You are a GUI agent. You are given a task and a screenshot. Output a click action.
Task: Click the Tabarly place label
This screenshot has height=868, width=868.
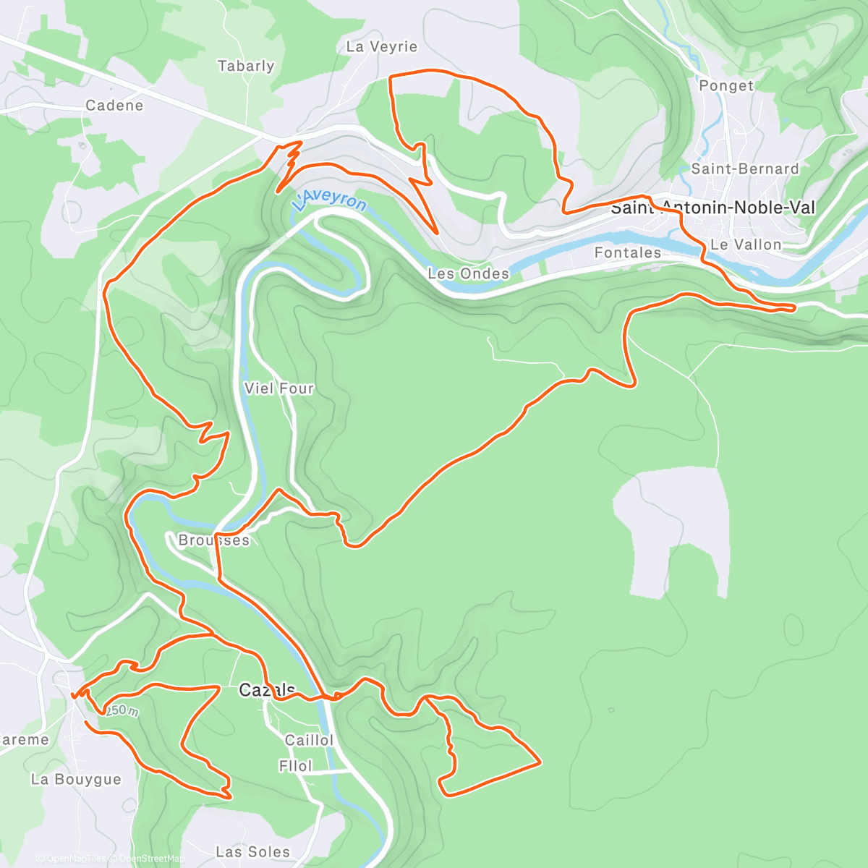tap(246, 66)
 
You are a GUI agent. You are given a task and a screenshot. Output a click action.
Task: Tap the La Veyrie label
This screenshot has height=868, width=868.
tap(382, 47)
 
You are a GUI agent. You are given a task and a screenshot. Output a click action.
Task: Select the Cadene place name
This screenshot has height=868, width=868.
tap(114, 106)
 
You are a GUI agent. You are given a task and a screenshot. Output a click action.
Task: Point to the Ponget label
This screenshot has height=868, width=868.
tap(726, 85)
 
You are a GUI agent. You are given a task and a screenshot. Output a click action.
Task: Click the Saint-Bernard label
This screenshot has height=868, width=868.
tap(745, 169)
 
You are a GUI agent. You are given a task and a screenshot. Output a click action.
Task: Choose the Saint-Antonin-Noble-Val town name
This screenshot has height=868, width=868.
tap(712, 208)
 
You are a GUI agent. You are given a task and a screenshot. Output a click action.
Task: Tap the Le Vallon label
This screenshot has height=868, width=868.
tap(746, 244)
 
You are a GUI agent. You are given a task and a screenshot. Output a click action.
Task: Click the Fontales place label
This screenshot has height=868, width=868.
tap(627, 252)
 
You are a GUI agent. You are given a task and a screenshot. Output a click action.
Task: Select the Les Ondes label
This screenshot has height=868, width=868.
tap(468, 273)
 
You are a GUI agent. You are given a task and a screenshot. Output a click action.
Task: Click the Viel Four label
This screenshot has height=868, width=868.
tap(278, 388)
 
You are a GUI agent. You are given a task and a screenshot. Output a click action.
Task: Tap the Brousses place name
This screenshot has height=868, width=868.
tap(213, 540)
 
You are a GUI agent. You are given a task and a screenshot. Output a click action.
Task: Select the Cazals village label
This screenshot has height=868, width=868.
tap(267, 690)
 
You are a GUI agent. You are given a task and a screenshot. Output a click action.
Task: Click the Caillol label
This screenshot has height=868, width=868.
tap(309, 740)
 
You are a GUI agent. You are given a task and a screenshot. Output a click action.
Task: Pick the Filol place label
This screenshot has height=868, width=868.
tap(295, 765)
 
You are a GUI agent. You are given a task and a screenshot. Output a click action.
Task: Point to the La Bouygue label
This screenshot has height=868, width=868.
tap(76, 779)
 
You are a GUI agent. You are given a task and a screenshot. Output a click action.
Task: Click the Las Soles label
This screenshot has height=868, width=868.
tap(253, 852)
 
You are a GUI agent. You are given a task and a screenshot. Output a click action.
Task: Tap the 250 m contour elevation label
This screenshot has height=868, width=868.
tap(123, 711)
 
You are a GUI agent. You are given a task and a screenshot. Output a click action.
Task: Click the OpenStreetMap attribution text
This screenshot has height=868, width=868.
tap(148, 859)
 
